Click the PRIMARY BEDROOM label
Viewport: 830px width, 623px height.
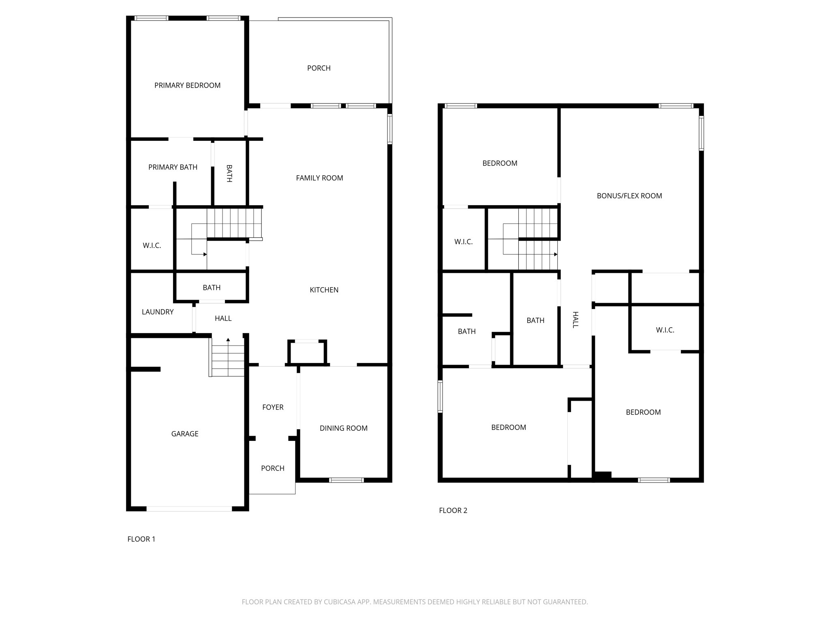187,85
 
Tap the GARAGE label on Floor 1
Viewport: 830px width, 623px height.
185,434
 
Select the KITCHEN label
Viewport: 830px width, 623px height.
324,290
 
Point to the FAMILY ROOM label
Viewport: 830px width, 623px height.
319,178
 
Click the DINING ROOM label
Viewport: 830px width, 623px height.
343,428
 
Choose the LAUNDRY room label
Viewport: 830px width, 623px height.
158,311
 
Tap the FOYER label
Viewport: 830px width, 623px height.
273,407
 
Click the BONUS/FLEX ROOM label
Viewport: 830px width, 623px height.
629,195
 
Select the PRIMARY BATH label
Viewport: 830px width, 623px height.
173,167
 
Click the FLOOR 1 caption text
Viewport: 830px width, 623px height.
141,539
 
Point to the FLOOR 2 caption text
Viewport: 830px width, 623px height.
453,510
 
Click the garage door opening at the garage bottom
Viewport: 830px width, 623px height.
189,509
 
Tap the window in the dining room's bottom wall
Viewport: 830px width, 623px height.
346,480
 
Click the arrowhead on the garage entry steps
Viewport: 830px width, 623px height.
228,339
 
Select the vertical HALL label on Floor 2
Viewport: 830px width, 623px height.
575,320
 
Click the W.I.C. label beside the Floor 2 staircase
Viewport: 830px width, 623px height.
463,241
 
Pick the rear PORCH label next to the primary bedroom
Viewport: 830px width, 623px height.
319,68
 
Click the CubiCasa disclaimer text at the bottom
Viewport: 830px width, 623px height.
415,602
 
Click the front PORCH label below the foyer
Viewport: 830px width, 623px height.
272,468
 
